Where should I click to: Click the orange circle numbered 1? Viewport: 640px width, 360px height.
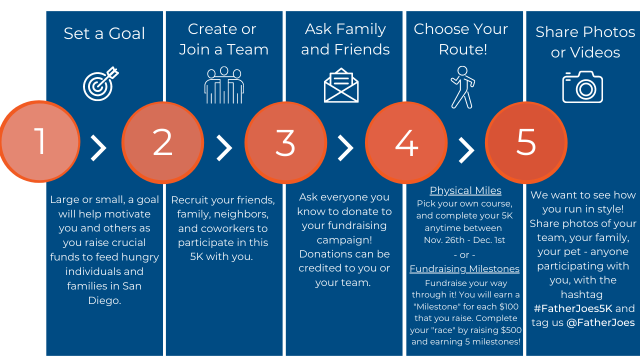click(x=39, y=141)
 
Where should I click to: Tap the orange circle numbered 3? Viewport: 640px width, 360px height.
click(x=285, y=142)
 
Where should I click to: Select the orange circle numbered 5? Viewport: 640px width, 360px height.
click(x=526, y=142)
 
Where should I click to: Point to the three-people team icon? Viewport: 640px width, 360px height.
click(x=224, y=85)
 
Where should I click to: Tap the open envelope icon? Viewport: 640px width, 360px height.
click(x=341, y=85)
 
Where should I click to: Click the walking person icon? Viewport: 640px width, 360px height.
click(x=462, y=87)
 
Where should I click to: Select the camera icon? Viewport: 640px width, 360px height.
click(x=582, y=87)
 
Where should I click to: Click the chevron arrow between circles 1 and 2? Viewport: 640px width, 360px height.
click(x=98, y=148)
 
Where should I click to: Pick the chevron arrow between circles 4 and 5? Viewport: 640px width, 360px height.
click(x=466, y=150)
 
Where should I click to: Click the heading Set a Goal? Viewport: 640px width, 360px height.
click(x=104, y=33)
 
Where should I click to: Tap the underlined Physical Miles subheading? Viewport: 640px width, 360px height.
click(x=465, y=190)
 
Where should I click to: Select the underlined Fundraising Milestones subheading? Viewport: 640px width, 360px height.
click(x=464, y=269)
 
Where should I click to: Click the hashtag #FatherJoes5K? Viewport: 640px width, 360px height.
click(x=573, y=308)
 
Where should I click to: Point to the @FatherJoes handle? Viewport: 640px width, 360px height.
click(x=600, y=322)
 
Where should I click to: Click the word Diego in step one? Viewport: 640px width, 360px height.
click(x=104, y=300)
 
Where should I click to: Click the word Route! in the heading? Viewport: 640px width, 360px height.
click(x=463, y=49)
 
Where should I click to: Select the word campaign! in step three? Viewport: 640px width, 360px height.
click(x=344, y=240)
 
